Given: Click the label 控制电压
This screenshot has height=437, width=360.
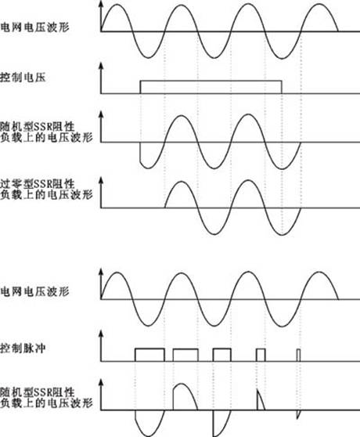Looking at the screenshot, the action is [23, 78].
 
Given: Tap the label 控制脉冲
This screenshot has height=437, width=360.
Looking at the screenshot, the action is [23, 349].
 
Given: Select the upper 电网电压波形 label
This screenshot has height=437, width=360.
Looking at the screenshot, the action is [34, 27].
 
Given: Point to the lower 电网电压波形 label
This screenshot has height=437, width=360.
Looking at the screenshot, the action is [34, 292].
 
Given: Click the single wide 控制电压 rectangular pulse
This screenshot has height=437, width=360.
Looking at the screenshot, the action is [211, 81].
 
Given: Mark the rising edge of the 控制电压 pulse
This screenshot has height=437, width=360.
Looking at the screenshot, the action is [141, 87].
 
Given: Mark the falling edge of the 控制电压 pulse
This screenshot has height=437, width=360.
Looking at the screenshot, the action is [282, 87].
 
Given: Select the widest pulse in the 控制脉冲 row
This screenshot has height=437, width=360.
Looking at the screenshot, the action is [149, 349].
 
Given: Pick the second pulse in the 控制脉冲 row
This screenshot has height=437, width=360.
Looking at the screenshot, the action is [185, 349].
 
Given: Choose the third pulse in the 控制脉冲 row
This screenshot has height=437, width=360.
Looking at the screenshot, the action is [222, 349].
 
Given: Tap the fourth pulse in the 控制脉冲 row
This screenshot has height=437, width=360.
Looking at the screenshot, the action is [261, 349].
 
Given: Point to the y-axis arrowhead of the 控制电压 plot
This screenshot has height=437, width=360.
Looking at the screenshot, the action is [101, 66].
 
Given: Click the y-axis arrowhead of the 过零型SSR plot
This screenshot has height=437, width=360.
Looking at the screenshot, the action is [101, 180].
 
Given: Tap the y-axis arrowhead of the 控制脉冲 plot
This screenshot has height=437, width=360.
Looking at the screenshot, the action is [101, 334].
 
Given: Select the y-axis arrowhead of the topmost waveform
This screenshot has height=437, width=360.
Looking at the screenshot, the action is [101, 5].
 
